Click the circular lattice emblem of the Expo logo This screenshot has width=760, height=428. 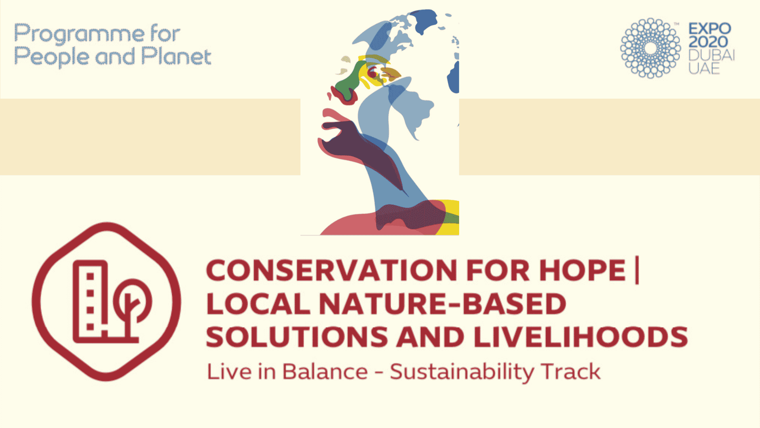click(x=650, y=48)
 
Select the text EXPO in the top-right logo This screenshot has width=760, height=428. click(x=710, y=29)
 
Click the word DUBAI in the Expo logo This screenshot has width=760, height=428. click(x=712, y=55)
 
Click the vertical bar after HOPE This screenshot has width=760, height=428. click(x=637, y=271)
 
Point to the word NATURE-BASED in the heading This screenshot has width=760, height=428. click(x=443, y=304)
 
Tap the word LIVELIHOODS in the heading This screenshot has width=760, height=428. click(x=581, y=337)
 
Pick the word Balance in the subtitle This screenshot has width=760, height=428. click(x=325, y=372)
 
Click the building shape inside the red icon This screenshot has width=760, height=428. click(x=91, y=302)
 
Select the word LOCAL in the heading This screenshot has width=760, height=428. click(x=258, y=304)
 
